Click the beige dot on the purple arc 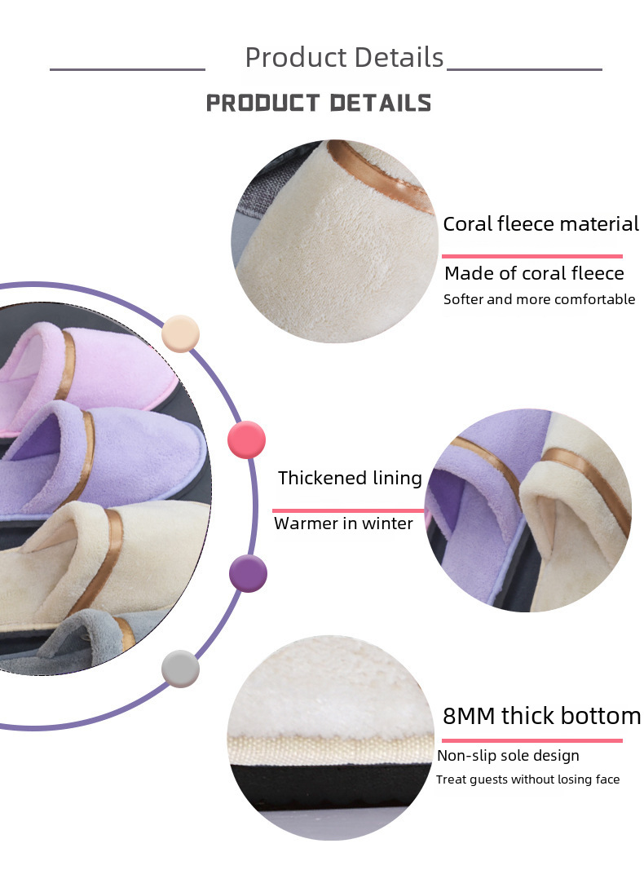coord(181,333)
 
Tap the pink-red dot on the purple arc coord(246,439)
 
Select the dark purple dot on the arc coord(248,572)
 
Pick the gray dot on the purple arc coord(180,669)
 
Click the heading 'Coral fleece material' coord(540,224)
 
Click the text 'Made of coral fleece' coord(534,273)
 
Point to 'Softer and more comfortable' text coord(539,299)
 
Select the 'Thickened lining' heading coord(350,478)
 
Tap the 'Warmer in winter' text coord(343,523)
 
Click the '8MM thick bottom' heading coord(542,716)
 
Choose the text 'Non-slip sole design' coord(508,756)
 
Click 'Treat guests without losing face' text coord(527,779)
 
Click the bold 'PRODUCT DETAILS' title coord(319,103)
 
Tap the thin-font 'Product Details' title coord(344,58)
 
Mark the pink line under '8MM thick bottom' coord(532,740)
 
